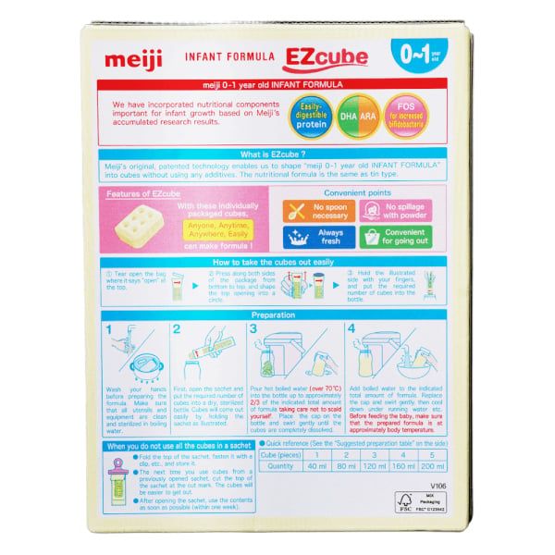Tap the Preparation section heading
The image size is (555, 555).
click(x=277, y=314)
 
